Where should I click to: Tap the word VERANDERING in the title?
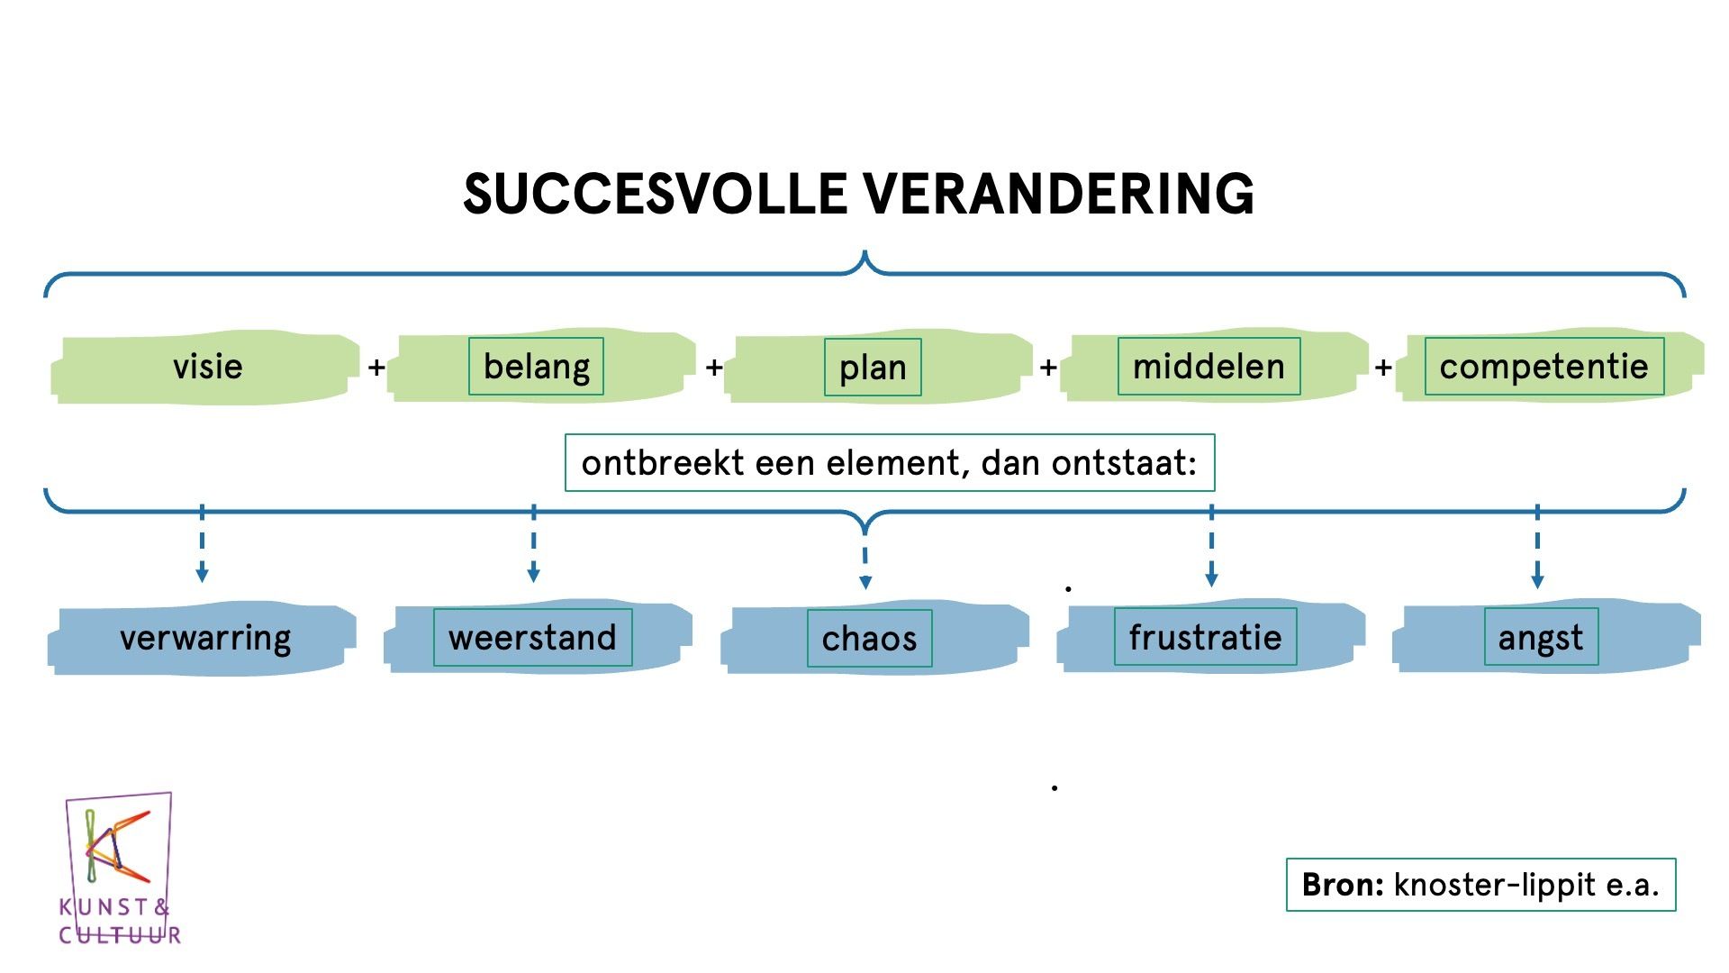tap(1058, 194)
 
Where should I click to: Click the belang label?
tap(536, 367)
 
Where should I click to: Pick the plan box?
tap(873, 368)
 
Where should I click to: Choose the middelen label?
tap(1208, 367)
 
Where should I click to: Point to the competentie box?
tap(1543, 367)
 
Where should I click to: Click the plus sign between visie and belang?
tap(376, 368)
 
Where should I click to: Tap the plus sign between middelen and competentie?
tap(1383, 368)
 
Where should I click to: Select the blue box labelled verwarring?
tap(202, 638)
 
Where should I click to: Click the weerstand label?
tap(532, 638)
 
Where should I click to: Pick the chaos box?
tap(869, 639)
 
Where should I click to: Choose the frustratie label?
tap(1205, 638)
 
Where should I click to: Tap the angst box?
tap(1541, 638)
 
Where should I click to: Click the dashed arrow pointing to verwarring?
tap(202, 544)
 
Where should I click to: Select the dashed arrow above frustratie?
tap(1211, 546)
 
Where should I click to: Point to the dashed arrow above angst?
tap(1537, 547)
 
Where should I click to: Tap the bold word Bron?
tap(1342, 885)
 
